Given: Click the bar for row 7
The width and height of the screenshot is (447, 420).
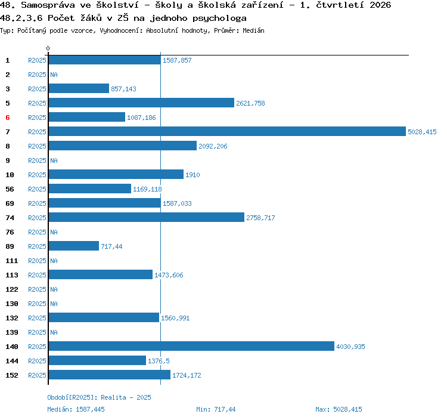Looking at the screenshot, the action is tap(227, 131).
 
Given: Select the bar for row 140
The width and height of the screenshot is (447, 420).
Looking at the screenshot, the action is tap(191, 346).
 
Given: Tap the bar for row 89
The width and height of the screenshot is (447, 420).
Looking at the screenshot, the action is tap(74, 246).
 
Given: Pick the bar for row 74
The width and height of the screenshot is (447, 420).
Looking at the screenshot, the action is tap(147, 217).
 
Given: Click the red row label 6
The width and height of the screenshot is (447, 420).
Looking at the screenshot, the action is tap(8, 118).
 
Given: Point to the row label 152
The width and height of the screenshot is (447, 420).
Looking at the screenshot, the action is tap(12, 375).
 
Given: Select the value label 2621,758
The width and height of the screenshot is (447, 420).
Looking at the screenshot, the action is tap(250, 103).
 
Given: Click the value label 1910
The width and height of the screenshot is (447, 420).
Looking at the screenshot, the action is tap(193, 175).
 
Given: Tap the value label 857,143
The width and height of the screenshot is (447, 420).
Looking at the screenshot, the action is tap(124, 89).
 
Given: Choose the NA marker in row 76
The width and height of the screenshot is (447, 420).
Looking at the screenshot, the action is tap(54, 232).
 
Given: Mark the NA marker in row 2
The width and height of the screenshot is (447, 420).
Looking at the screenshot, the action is tap(54, 75).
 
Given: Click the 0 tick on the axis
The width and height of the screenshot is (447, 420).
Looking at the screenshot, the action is tap(48, 48).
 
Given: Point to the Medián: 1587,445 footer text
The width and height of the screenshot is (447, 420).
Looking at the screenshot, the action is tap(76, 409).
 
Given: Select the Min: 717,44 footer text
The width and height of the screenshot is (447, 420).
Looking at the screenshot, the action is tap(216, 409).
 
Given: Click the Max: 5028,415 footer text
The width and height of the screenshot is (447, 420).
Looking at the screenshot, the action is tap(339, 409).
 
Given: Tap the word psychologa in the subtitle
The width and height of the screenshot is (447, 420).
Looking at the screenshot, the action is tap(219, 18).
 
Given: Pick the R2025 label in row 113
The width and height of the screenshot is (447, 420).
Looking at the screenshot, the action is tap(37, 275).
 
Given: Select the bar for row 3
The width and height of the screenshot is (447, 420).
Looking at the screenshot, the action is tap(79, 88).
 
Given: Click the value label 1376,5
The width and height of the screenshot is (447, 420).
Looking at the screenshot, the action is tap(159, 361).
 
